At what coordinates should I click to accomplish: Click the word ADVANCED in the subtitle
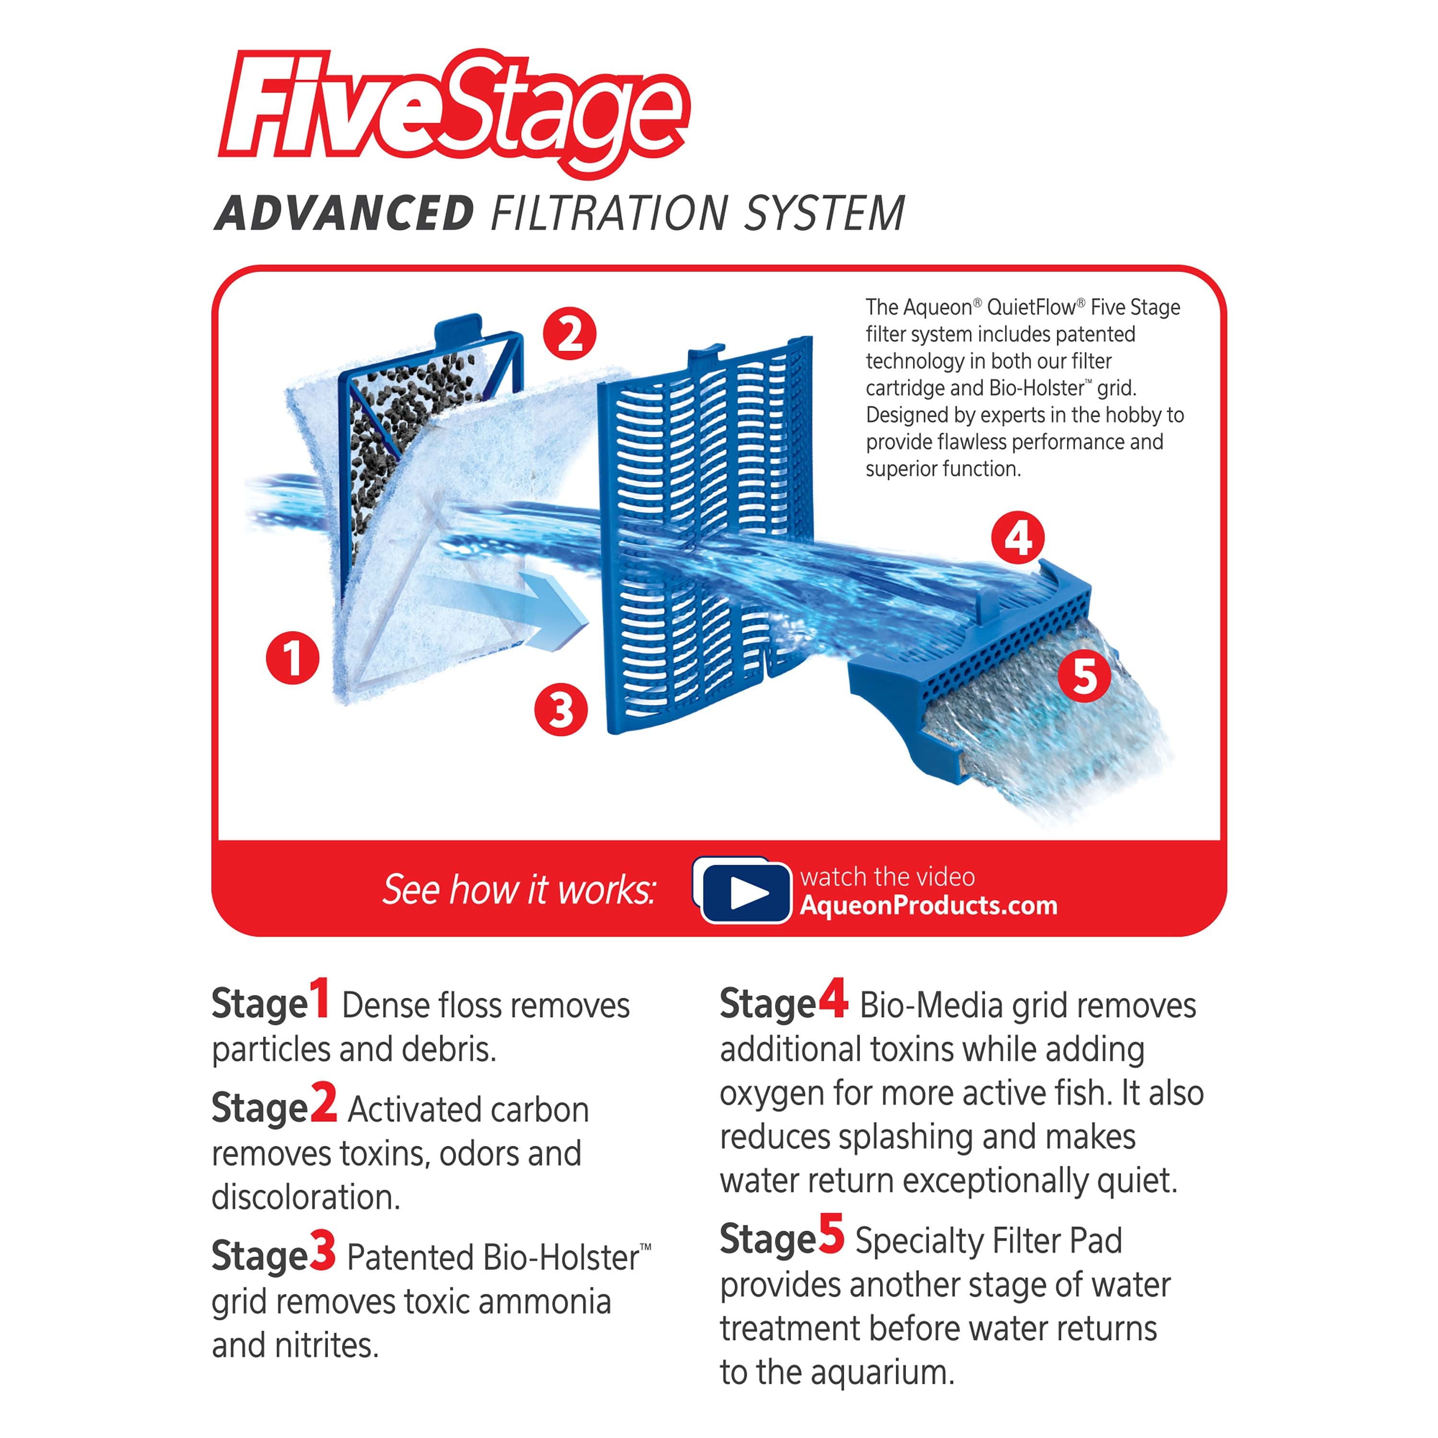(344, 214)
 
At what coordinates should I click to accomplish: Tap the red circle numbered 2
(569, 334)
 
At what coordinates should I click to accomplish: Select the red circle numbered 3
(561, 709)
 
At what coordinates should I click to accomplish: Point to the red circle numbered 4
(1018, 537)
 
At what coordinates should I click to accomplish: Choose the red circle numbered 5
(1084, 676)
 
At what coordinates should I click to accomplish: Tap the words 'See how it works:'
(519, 890)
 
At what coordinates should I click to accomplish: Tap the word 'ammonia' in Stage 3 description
(545, 1302)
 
